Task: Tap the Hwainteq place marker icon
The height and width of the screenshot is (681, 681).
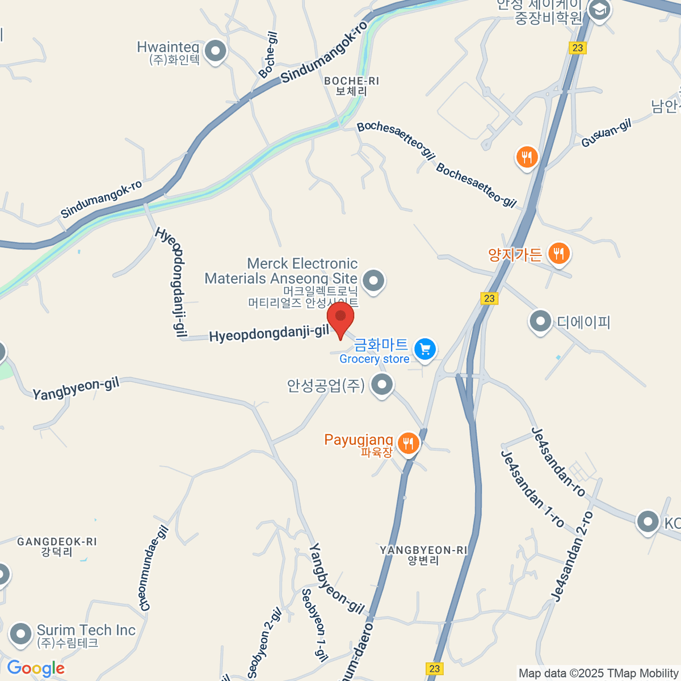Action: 215,52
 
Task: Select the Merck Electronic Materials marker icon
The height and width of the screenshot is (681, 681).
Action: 373,280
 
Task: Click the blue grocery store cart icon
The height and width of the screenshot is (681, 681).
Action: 425,350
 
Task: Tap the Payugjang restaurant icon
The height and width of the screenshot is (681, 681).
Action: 408,444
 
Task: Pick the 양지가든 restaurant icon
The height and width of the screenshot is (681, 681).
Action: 560,254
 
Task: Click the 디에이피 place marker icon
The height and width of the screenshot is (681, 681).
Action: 540,322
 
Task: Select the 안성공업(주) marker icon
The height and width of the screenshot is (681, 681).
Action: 382,385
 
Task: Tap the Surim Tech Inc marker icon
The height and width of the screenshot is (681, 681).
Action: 22,634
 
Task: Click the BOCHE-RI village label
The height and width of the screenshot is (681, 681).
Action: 351,86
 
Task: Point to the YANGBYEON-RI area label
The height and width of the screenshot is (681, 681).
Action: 423,555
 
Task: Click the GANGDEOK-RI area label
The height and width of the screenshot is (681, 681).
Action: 57,547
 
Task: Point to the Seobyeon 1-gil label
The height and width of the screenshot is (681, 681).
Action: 314,625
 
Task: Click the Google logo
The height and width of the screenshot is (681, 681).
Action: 36,669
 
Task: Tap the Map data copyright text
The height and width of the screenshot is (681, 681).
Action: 598,673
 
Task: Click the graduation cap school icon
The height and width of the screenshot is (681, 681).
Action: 599,10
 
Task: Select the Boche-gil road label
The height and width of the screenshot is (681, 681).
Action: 268,54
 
